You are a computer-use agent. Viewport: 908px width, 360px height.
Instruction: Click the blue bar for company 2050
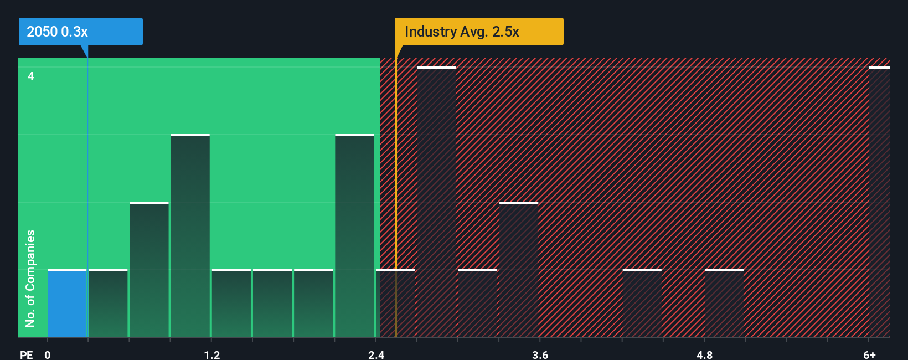tap(67, 303)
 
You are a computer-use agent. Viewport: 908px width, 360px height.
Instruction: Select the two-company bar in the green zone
tap(149, 270)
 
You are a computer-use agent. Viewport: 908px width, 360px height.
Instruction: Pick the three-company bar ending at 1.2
tap(190, 236)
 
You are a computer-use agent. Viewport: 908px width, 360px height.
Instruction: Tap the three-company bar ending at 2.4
tap(354, 236)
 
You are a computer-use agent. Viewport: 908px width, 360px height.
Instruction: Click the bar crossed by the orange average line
tap(395, 303)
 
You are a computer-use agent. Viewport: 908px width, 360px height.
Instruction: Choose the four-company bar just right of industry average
tap(436, 202)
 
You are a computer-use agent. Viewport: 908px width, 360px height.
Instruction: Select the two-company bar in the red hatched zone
tap(518, 270)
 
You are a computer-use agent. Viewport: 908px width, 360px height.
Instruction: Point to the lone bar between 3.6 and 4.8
tap(642, 303)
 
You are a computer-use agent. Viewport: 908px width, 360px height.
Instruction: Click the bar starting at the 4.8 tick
tap(724, 303)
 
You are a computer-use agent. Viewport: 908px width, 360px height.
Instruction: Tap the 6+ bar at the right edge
tap(879, 202)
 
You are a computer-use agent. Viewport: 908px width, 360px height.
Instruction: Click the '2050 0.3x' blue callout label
tap(80, 32)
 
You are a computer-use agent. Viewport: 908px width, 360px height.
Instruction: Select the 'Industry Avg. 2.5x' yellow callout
tap(478, 32)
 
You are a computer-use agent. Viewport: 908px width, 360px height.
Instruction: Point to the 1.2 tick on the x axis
tap(211, 354)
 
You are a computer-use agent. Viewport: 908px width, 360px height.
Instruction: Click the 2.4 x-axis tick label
tap(376, 354)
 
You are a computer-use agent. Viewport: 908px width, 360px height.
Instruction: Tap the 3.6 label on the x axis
tap(540, 354)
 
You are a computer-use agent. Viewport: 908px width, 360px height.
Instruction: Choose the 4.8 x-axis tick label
tap(704, 354)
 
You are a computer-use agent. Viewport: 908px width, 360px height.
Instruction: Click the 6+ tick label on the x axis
tap(869, 354)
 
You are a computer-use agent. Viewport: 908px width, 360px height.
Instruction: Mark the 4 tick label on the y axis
tap(31, 76)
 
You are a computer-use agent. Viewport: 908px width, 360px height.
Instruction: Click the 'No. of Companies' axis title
tap(30, 278)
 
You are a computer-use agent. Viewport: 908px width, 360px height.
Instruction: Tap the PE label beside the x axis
tap(26, 354)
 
